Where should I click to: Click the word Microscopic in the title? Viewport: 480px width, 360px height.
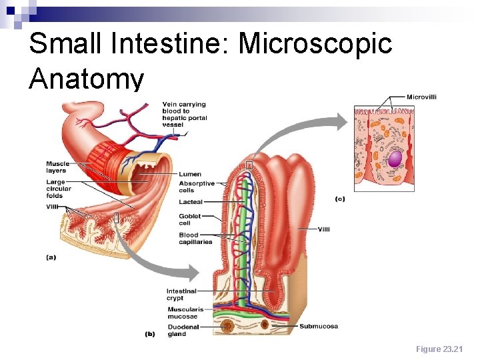point(315,44)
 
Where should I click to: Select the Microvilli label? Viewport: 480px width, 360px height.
point(421,97)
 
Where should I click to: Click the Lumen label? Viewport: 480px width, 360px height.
point(190,175)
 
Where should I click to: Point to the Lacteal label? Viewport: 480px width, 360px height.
point(191,202)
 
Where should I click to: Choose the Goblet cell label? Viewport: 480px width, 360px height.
point(189,219)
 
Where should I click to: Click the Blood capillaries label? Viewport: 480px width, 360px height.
point(195,238)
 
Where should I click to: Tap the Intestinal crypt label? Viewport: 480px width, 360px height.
point(181,295)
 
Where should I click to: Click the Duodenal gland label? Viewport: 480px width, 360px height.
point(183,331)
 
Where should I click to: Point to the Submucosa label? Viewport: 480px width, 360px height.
point(319,326)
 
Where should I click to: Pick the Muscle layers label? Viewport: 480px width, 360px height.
point(57,167)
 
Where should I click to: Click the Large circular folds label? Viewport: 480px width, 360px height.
point(56,189)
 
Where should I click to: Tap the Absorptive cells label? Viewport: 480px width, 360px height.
point(197,187)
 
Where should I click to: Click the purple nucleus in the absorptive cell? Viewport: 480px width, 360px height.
point(396,158)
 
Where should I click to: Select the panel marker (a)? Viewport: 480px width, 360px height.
point(51,256)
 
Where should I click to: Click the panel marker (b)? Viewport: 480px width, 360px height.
point(150,334)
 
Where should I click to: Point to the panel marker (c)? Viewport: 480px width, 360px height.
point(340,198)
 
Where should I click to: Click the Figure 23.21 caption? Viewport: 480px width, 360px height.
point(439,349)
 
